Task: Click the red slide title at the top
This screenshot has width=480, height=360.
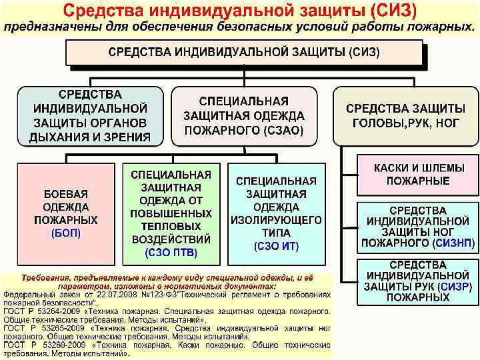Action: [239, 11]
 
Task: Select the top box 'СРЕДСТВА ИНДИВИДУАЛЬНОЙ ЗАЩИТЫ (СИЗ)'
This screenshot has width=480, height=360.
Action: [244, 52]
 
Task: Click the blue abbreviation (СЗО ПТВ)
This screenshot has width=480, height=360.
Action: [171, 253]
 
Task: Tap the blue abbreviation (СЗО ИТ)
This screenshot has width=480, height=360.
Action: [276, 246]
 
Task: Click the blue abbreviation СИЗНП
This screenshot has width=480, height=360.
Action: [454, 243]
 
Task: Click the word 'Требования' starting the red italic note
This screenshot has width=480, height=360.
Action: [48, 277]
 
